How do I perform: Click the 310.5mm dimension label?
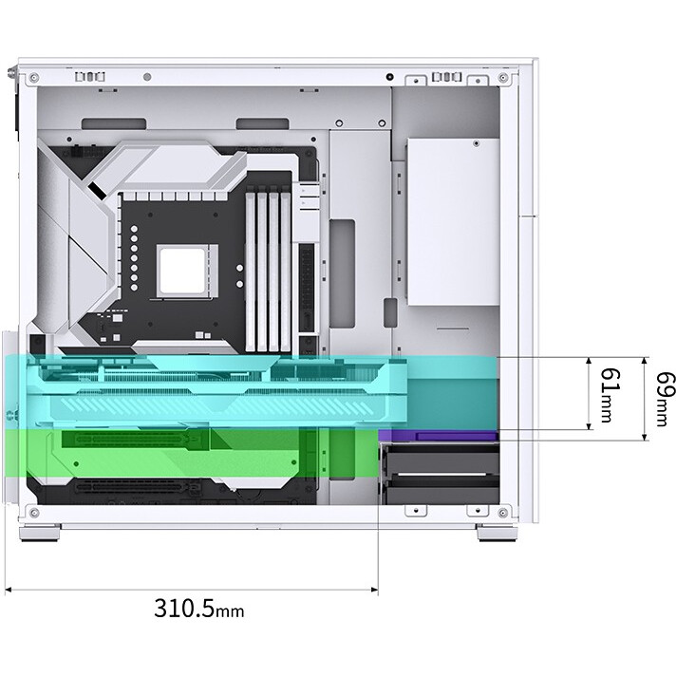[x=198, y=608]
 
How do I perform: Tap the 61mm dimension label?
[x=610, y=395]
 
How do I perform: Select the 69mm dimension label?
[x=666, y=399]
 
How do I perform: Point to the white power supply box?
[x=454, y=222]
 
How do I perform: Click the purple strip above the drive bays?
[x=439, y=436]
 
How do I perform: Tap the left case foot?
[x=40, y=532]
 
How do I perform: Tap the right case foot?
[x=498, y=532]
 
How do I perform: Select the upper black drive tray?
[x=441, y=459]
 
